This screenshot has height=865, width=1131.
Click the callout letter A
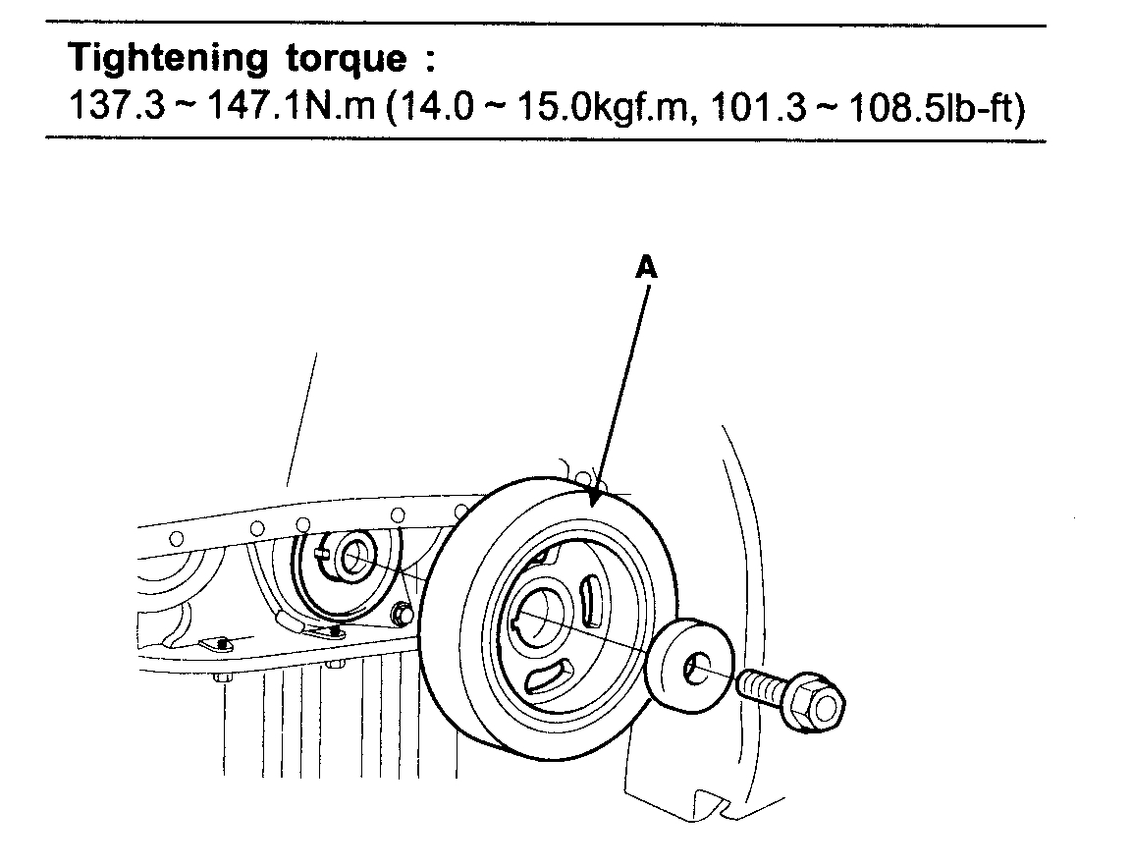(645, 268)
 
